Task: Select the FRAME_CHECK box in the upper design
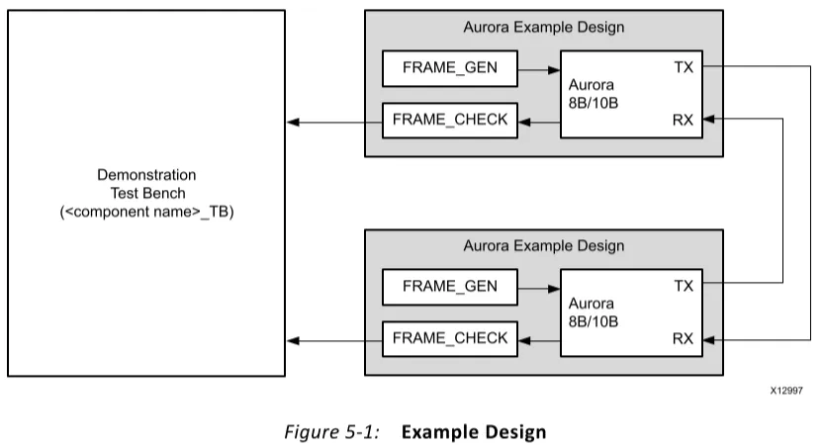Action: tap(450, 120)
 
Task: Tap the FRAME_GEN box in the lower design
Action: tap(450, 287)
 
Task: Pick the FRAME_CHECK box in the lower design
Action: tap(450, 338)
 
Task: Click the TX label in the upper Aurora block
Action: tap(683, 66)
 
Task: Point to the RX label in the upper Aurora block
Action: tap(683, 120)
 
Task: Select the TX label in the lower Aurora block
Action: tap(683, 286)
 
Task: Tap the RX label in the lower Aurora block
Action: tap(683, 338)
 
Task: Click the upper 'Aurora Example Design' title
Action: tap(544, 27)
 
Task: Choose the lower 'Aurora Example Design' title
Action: tap(544, 245)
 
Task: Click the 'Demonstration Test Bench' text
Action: tap(146, 193)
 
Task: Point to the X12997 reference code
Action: tap(787, 392)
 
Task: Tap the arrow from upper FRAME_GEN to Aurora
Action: tap(539, 69)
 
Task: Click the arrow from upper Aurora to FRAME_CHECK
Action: tap(539, 121)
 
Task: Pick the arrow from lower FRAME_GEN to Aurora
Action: tap(539, 288)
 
